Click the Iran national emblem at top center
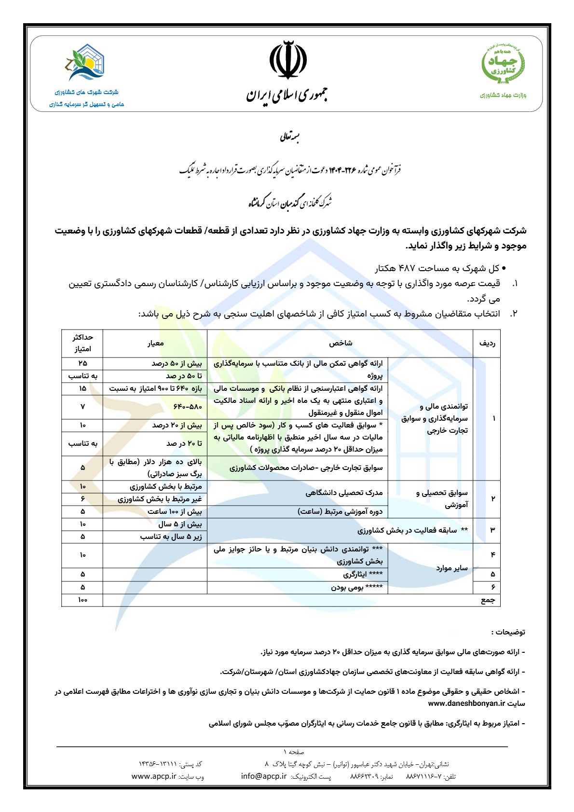tap(287, 60)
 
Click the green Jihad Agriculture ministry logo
tap(503, 65)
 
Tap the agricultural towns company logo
tap(86, 63)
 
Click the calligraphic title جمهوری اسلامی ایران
tap(287, 95)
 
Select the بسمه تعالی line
tap(289, 138)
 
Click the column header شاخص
tap(341, 343)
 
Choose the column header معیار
tap(155, 343)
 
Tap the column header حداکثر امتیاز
tap(82, 343)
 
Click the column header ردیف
tap(487, 343)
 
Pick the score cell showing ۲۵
tap(82, 363)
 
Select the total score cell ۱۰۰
tap(82, 600)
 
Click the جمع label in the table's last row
tap(488, 600)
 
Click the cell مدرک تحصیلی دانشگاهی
tap(344, 493)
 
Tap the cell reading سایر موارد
tap(451, 568)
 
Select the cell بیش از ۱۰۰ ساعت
tap(175, 511)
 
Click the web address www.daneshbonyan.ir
tap(466, 703)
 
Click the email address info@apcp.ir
tap(264, 776)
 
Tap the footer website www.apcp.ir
tap(154, 776)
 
